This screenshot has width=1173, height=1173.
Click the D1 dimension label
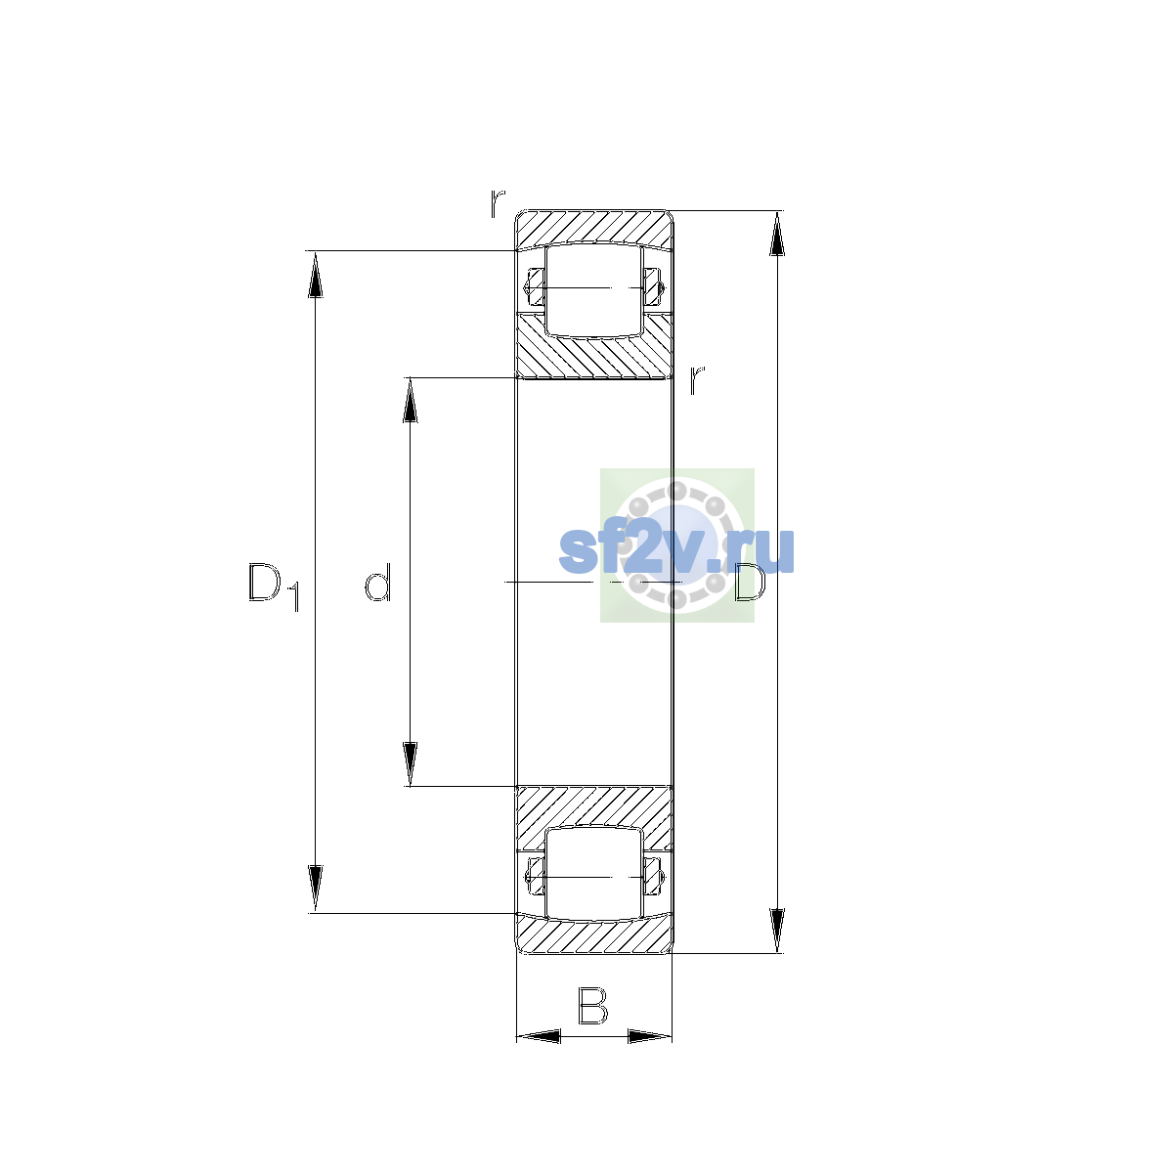point(274,586)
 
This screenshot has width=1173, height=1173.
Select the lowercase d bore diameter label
point(377,582)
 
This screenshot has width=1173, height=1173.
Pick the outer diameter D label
point(750,582)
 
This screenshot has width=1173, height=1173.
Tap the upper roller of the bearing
point(593,289)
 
